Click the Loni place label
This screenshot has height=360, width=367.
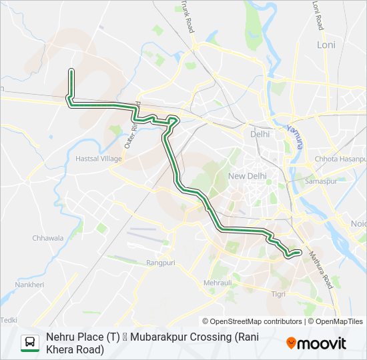click(x=326, y=45)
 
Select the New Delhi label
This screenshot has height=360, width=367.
click(x=247, y=176)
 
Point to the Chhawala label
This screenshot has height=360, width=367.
click(x=48, y=237)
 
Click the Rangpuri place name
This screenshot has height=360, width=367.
click(x=160, y=263)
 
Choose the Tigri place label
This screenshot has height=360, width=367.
click(x=278, y=293)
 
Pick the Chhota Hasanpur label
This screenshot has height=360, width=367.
click(x=340, y=159)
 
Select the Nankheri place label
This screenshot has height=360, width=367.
click(x=29, y=285)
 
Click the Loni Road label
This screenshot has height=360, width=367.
click(x=318, y=15)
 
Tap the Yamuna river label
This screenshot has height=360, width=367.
click(x=295, y=136)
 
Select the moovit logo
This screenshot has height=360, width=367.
click(x=316, y=343)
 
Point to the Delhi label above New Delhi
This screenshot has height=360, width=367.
click(x=260, y=134)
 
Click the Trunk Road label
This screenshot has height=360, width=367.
click(x=188, y=17)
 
